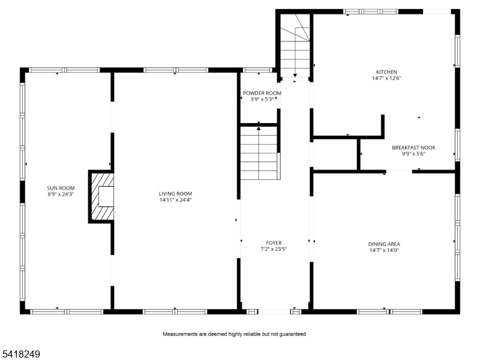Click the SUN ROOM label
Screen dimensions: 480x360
61,188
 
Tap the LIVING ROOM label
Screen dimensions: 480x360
175,193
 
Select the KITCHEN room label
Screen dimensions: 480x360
386,72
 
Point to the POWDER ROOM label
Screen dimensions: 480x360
262,93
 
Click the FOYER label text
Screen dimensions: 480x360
274,243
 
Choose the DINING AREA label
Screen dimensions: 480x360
384,244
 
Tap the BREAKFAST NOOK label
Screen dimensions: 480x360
413,148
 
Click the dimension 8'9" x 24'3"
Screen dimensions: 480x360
61,194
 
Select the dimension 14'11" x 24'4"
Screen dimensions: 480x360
175,200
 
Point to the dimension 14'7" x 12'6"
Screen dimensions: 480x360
386,78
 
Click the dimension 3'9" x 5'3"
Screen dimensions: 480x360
262,99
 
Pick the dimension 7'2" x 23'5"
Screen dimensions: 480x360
274,249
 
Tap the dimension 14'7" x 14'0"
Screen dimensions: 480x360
384,250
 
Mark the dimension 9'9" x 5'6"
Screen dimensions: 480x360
413,154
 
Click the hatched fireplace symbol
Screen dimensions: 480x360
101,197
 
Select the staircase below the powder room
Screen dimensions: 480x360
260,153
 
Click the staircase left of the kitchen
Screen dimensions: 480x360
295,46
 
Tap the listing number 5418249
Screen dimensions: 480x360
20,354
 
